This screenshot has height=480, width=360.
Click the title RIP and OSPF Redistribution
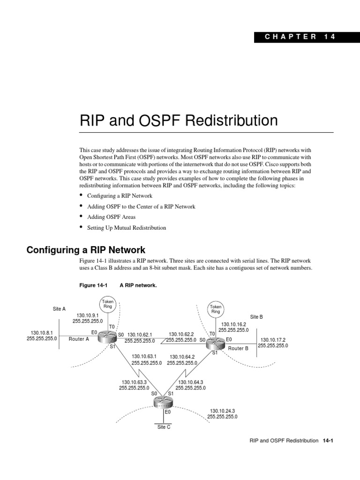179,121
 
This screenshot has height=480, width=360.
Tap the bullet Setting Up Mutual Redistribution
127,228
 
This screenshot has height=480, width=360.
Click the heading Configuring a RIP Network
86,250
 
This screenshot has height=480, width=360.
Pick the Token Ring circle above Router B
216,309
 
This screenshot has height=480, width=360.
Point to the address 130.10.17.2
273,340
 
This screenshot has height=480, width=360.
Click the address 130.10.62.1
140,335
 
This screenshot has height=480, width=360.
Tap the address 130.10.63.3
134,382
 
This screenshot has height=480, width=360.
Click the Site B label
256,317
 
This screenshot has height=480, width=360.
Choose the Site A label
59,309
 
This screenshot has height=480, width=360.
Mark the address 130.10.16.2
233,324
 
